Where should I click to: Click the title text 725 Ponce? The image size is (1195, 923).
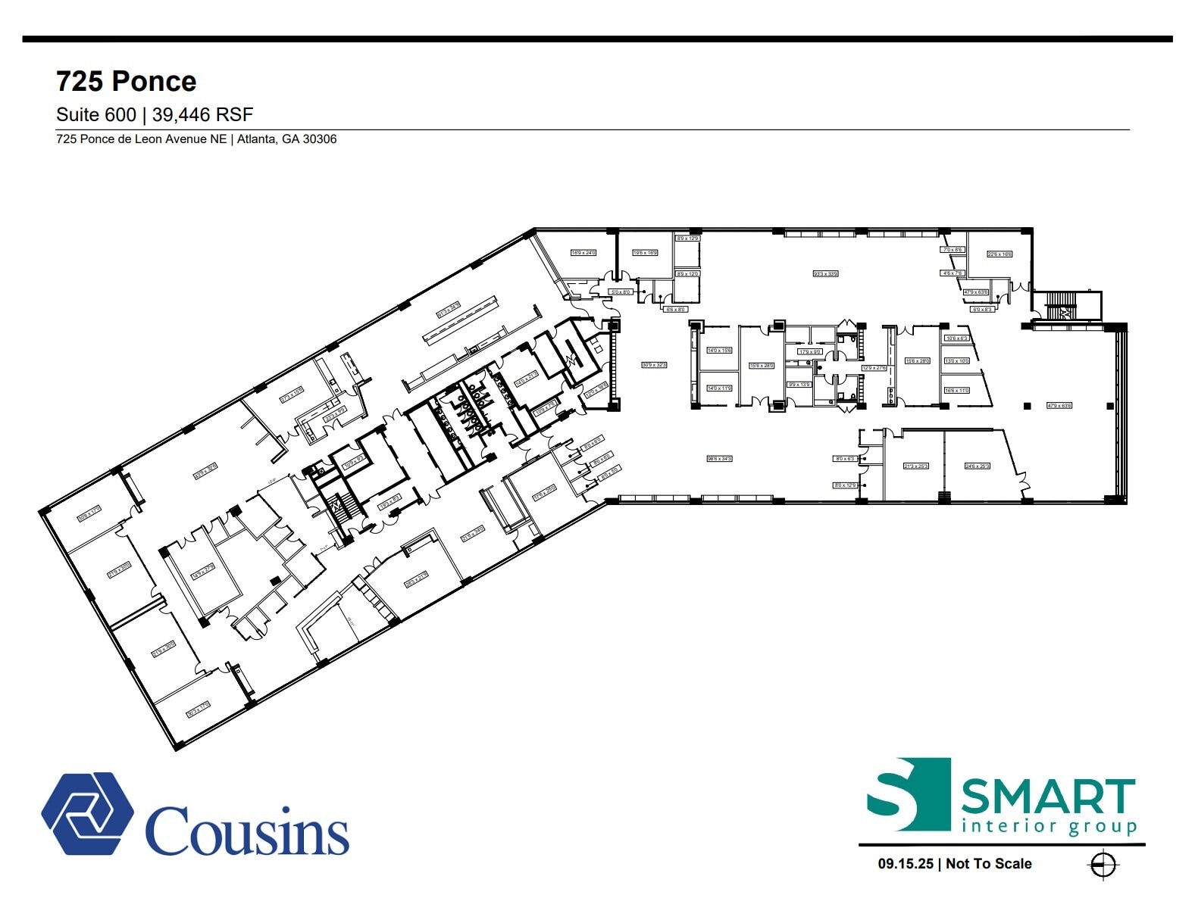[126, 81]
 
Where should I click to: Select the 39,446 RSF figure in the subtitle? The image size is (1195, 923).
[202, 115]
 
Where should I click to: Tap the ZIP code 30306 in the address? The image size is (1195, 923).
[319, 139]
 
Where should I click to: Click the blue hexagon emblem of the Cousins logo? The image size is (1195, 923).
[87, 813]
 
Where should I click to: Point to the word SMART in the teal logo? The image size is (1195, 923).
[1048, 797]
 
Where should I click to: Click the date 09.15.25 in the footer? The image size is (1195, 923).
[906, 864]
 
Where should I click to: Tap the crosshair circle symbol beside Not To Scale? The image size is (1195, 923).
[1103, 864]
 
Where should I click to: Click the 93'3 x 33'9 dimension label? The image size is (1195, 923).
[825, 274]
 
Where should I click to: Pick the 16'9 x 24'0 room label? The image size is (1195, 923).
[583, 253]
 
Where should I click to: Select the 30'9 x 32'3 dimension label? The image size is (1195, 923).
[654, 365]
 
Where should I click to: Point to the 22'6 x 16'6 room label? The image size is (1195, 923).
[999, 254]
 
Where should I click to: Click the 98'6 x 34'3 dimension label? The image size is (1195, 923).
[719, 459]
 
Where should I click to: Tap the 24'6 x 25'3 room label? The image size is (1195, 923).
[978, 466]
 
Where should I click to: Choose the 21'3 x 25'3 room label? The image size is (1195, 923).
[916, 466]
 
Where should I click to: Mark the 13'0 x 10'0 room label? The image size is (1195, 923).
[956, 361]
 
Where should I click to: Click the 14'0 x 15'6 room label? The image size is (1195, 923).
[719, 351]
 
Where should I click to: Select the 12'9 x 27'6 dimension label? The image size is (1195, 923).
[874, 369]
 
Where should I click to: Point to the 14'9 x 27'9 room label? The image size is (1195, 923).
[203, 571]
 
